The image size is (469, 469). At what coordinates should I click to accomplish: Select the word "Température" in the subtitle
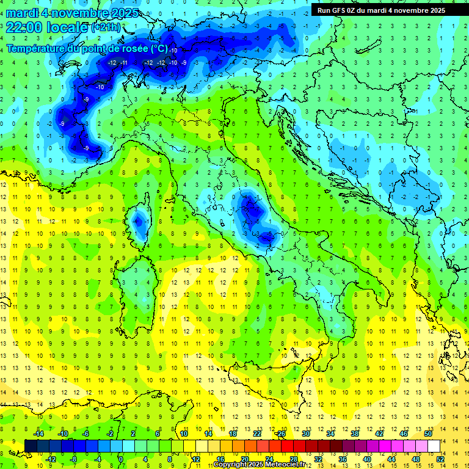pos(36,48)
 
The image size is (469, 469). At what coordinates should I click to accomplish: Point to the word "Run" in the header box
pos(324,10)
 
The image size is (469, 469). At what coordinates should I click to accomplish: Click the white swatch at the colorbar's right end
pos(434,446)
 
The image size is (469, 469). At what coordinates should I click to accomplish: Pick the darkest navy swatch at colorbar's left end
pos(31,446)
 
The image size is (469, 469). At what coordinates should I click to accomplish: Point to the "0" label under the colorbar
pos(121,459)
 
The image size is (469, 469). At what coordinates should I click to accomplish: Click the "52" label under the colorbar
pos(440,459)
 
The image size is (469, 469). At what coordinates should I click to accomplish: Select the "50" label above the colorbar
pos(427,434)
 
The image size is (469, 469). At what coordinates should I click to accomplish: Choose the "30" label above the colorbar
pos(306,434)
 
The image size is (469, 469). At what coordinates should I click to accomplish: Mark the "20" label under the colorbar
pos(244,459)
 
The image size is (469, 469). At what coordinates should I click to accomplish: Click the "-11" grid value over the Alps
pos(124,63)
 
